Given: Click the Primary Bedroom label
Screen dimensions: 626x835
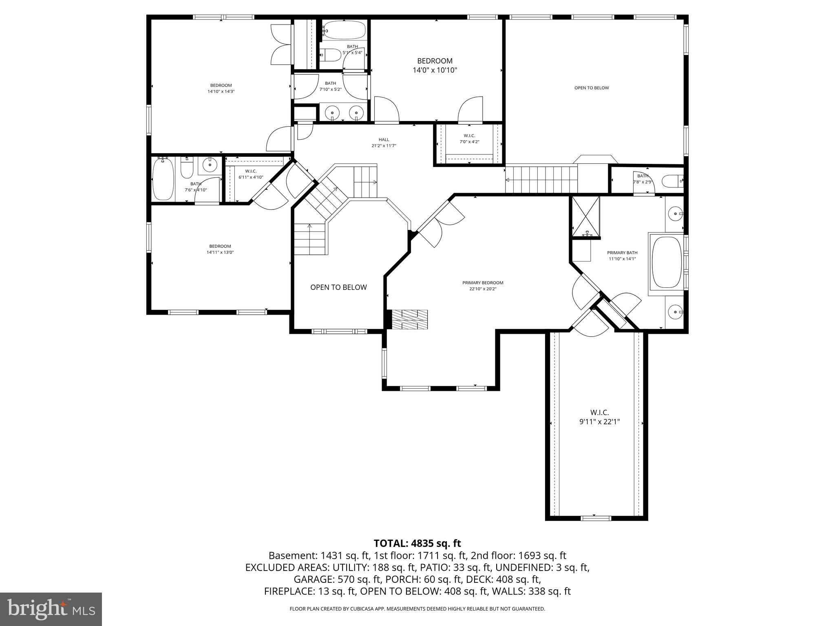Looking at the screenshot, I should click(483, 283).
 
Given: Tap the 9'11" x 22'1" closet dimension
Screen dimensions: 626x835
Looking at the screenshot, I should click(599, 422).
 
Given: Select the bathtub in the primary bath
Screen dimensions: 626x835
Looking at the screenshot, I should click(667, 262).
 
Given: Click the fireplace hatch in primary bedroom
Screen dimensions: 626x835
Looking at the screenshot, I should click(410, 320).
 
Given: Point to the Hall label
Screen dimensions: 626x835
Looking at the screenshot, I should click(384, 140).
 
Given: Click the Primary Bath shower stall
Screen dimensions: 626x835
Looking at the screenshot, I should click(586, 216).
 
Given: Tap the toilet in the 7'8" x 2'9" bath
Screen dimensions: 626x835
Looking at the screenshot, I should click(672, 181).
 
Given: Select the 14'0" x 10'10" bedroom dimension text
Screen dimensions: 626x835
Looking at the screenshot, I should click(435, 70).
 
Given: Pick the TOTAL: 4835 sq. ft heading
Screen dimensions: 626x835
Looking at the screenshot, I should click(417, 543).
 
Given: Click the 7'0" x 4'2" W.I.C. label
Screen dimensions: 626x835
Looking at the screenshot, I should click(469, 139).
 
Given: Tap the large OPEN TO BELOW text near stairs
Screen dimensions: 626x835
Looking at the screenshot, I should click(338, 287).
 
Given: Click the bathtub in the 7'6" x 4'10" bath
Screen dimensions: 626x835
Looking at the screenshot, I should click(163, 180).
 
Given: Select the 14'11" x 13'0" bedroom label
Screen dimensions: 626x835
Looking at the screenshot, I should click(220, 249).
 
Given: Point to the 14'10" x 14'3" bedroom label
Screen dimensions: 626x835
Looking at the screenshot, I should click(221, 88).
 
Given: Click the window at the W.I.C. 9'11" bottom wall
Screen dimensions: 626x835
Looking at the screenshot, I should click(596, 518).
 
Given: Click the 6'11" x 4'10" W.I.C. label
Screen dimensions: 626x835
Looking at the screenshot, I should click(251, 174).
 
